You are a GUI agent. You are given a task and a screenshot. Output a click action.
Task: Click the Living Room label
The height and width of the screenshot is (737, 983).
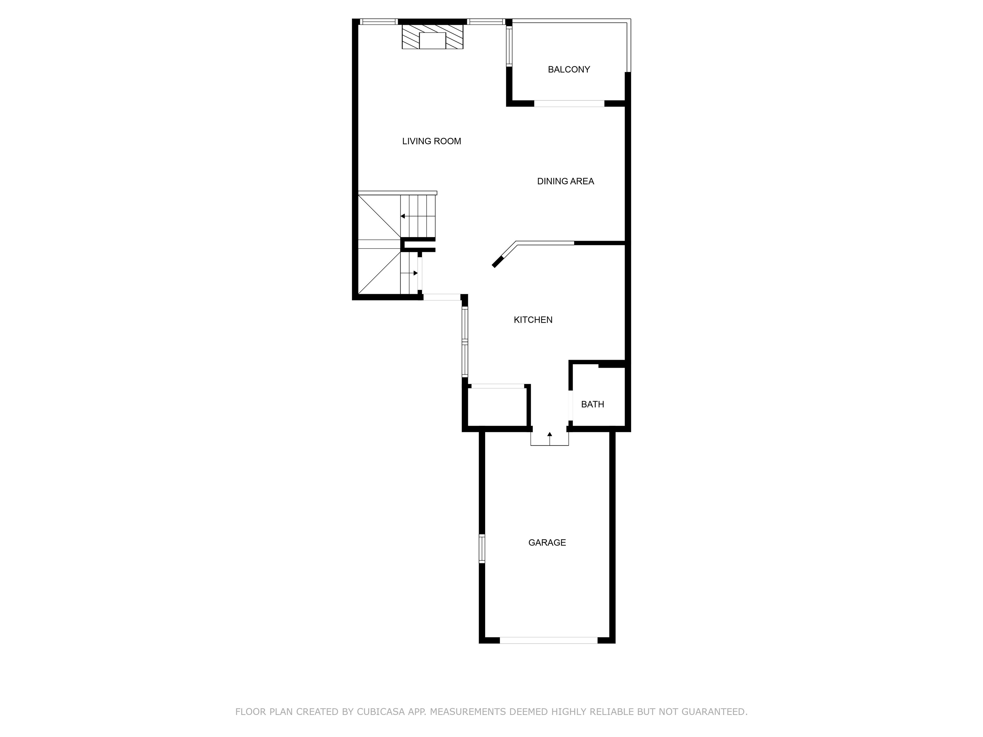432,141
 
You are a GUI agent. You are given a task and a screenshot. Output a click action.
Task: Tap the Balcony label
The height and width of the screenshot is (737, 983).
569,69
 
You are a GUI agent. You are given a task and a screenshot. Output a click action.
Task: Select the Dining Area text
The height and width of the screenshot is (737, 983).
565,181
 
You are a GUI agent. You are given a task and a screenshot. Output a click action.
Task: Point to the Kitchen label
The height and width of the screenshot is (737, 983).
533,320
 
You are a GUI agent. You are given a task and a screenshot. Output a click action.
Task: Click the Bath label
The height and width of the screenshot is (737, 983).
592,404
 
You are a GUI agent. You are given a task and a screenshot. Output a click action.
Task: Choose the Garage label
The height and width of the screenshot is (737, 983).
547,543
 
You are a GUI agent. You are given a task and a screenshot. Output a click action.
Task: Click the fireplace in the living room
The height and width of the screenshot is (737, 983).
432,37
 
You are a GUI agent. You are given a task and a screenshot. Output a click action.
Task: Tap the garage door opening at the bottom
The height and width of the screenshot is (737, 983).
548,640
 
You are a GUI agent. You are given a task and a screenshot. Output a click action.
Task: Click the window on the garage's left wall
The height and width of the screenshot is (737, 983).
482,549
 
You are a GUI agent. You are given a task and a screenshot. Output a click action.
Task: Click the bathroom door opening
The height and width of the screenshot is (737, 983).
570,405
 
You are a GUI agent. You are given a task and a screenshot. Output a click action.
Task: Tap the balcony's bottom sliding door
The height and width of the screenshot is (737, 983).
569,104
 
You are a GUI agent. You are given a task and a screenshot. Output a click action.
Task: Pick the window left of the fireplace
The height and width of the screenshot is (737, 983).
378,21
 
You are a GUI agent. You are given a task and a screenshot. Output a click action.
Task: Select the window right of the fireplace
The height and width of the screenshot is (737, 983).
486,21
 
